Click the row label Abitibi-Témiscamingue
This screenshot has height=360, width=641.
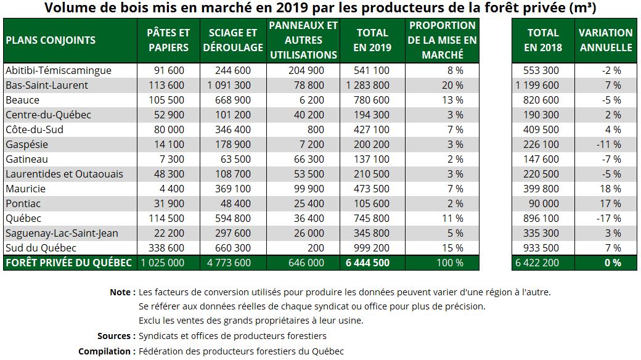(x=59, y=70)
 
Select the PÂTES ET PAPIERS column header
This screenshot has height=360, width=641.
(x=168, y=40)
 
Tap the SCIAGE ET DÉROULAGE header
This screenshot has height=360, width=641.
(x=233, y=40)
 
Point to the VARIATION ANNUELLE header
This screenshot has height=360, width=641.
(x=606, y=40)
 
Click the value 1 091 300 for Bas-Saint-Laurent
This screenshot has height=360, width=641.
(x=229, y=85)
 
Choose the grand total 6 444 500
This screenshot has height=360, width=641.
(x=367, y=263)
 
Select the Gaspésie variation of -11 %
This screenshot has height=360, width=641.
(x=609, y=144)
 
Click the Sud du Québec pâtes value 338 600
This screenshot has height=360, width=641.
(x=166, y=248)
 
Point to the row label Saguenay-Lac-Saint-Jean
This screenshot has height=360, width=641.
(x=62, y=233)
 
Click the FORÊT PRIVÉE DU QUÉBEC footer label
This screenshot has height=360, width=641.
(x=68, y=263)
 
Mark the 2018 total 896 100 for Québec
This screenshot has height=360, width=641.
(x=541, y=218)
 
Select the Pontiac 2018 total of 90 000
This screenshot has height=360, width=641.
(x=544, y=203)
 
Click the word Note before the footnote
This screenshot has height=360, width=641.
(x=120, y=292)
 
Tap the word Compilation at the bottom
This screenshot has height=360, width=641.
(x=104, y=351)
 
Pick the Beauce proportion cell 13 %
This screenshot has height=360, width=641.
(x=452, y=100)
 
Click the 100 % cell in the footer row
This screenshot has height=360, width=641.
(x=450, y=263)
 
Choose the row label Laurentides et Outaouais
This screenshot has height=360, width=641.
(x=64, y=174)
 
